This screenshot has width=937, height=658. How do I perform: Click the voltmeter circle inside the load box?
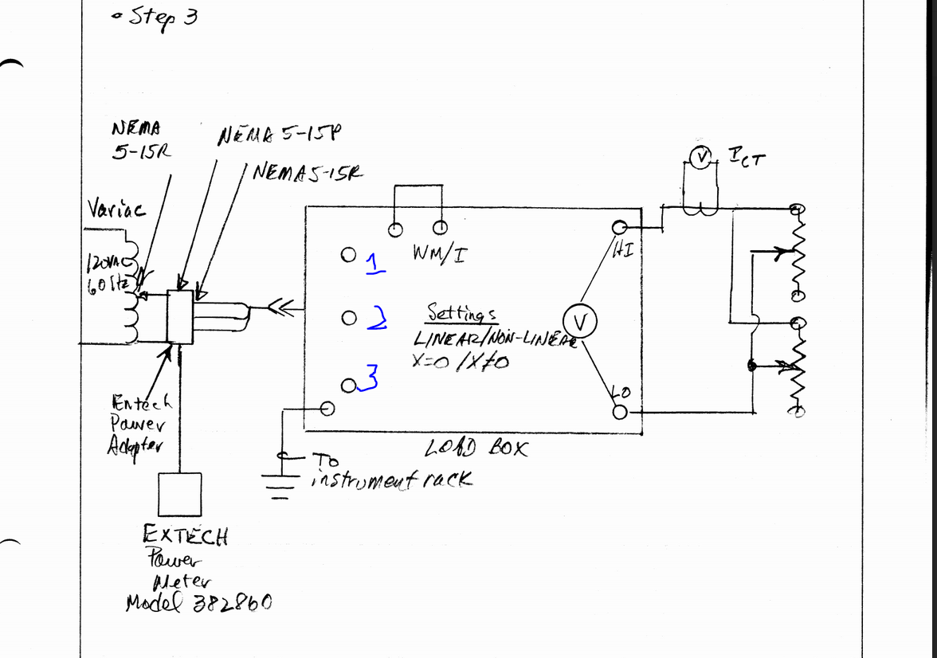click(580, 323)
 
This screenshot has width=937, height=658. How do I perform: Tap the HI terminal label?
click(623, 251)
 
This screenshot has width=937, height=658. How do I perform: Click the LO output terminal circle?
click(621, 412)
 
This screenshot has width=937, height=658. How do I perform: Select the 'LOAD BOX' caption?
click(476, 448)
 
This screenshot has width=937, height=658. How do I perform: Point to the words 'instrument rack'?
click(394, 480)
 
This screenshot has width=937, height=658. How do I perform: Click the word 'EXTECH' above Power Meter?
click(185, 534)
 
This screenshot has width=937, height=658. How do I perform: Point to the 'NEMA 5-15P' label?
click(279, 135)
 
